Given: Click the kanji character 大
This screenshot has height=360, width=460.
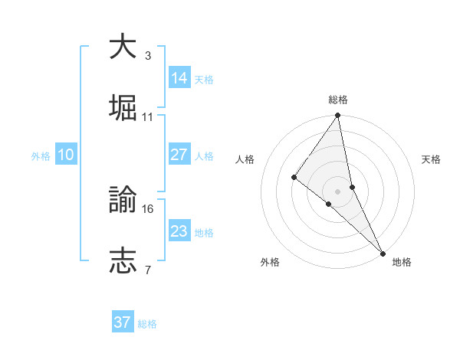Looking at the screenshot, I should pyautogui.click(x=123, y=47).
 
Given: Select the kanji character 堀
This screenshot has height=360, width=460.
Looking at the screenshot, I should pyautogui.click(x=123, y=107).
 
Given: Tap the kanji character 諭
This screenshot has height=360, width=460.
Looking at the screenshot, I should pyautogui.click(x=123, y=200).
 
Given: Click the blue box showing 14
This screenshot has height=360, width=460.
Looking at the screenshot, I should pyautogui.click(x=179, y=77).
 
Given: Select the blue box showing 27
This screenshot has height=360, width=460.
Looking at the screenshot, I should pyautogui.click(x=179, y=155).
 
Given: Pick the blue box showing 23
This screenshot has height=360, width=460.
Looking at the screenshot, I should pyautogui.click(x=179, y=231).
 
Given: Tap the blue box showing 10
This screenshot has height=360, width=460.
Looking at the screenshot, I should pyautogui.click(x=65, y=155).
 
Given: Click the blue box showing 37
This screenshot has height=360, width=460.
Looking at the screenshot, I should pyautogui.click(x=122, y=322).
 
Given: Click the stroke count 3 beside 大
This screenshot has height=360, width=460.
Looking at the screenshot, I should pyautogui.click(x=147, y=56).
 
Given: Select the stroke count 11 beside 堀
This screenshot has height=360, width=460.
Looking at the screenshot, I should pyautogui.click(x=148, y=117).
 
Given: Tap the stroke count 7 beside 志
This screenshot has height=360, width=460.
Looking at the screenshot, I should pyautogui.click(x=147, y=270).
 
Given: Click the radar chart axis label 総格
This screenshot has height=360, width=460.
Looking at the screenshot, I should pyautogui.click(x=338, y=100).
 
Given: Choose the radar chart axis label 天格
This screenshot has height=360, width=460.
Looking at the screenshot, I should pyautogui.click(x=432, y=159).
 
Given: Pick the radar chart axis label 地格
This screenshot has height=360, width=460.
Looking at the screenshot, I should pyautogui.click(x=402, y=262).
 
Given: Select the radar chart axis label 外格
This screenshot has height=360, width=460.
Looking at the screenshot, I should pyautogui.click(x=270, y=262).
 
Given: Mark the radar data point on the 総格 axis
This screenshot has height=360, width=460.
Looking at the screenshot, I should pyautogui.click(x=337, y=116).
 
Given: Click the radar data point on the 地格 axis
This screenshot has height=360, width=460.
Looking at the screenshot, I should pyautogui.click(x=383, y=253).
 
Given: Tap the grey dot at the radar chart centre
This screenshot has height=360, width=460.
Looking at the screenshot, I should pyautogui.click(x=337, y=191).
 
